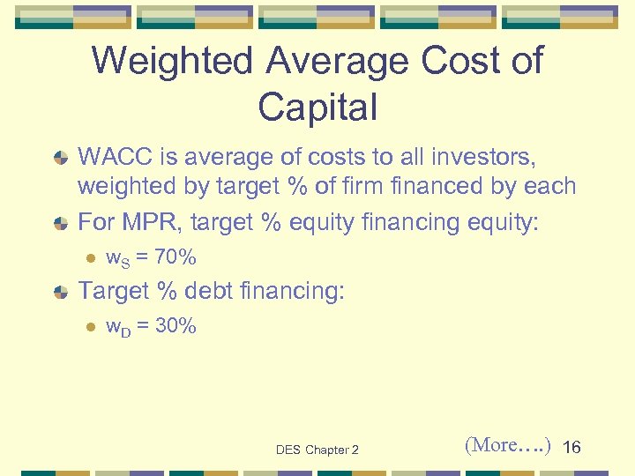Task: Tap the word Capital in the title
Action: pyautogui.click(x=317, y=107)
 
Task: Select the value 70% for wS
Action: pyautogui.click(x=176, y=257)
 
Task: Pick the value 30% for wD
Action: pyautogui.click(x=176, y=326)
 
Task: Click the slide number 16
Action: pyautogui.click(x=571, y=448)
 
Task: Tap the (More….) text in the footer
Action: pyautogui.click(x=507, y=446)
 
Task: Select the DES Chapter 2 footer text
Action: pyautogui.click(x=317, y=450)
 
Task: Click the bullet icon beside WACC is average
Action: pyautogui.click(x=61, y=159)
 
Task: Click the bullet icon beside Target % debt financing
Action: pyautogui.click(x=61, y=291)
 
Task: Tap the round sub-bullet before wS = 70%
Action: pyautogui.click(x=89, y=258)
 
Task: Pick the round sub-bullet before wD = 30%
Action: pyautogui.click(x=89, y=327)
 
